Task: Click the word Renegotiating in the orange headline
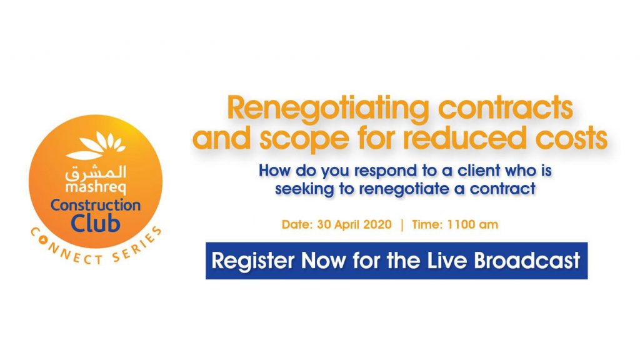click(x=328, y=109)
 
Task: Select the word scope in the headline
click(x=304, y=138)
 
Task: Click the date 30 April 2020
click(x=354, y=224)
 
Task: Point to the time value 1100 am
click(x=472, y=224)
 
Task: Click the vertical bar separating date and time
click(x=402, y=225)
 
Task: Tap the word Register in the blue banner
click(x=253, y=261)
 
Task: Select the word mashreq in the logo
click(x=96, y=187)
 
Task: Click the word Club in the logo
click(x=96, y=223)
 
